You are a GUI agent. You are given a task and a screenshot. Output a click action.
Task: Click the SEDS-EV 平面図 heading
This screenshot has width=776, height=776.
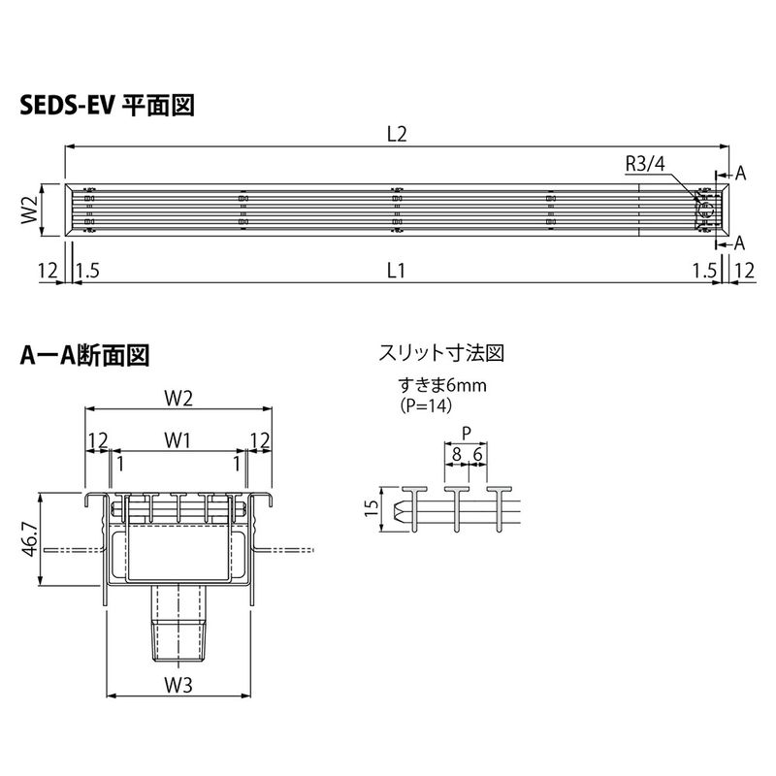point(107,106)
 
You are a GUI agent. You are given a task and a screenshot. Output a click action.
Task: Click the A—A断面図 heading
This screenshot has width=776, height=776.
point(84,355)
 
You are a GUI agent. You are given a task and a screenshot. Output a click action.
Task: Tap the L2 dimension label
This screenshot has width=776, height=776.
point(397,134)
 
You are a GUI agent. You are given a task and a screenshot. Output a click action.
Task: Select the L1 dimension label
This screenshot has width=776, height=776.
point(396,271)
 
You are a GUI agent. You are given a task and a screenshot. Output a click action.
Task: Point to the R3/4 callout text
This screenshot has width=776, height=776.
point(645,164)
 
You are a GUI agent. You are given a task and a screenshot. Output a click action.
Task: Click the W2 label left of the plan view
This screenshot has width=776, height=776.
point(30,210)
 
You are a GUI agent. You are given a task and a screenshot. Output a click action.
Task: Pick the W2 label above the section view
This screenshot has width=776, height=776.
point(178,398)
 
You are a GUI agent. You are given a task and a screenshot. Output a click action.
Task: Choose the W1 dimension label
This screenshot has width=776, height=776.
point(178,440)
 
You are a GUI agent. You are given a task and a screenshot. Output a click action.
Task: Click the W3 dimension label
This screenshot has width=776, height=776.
point(178,685)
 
